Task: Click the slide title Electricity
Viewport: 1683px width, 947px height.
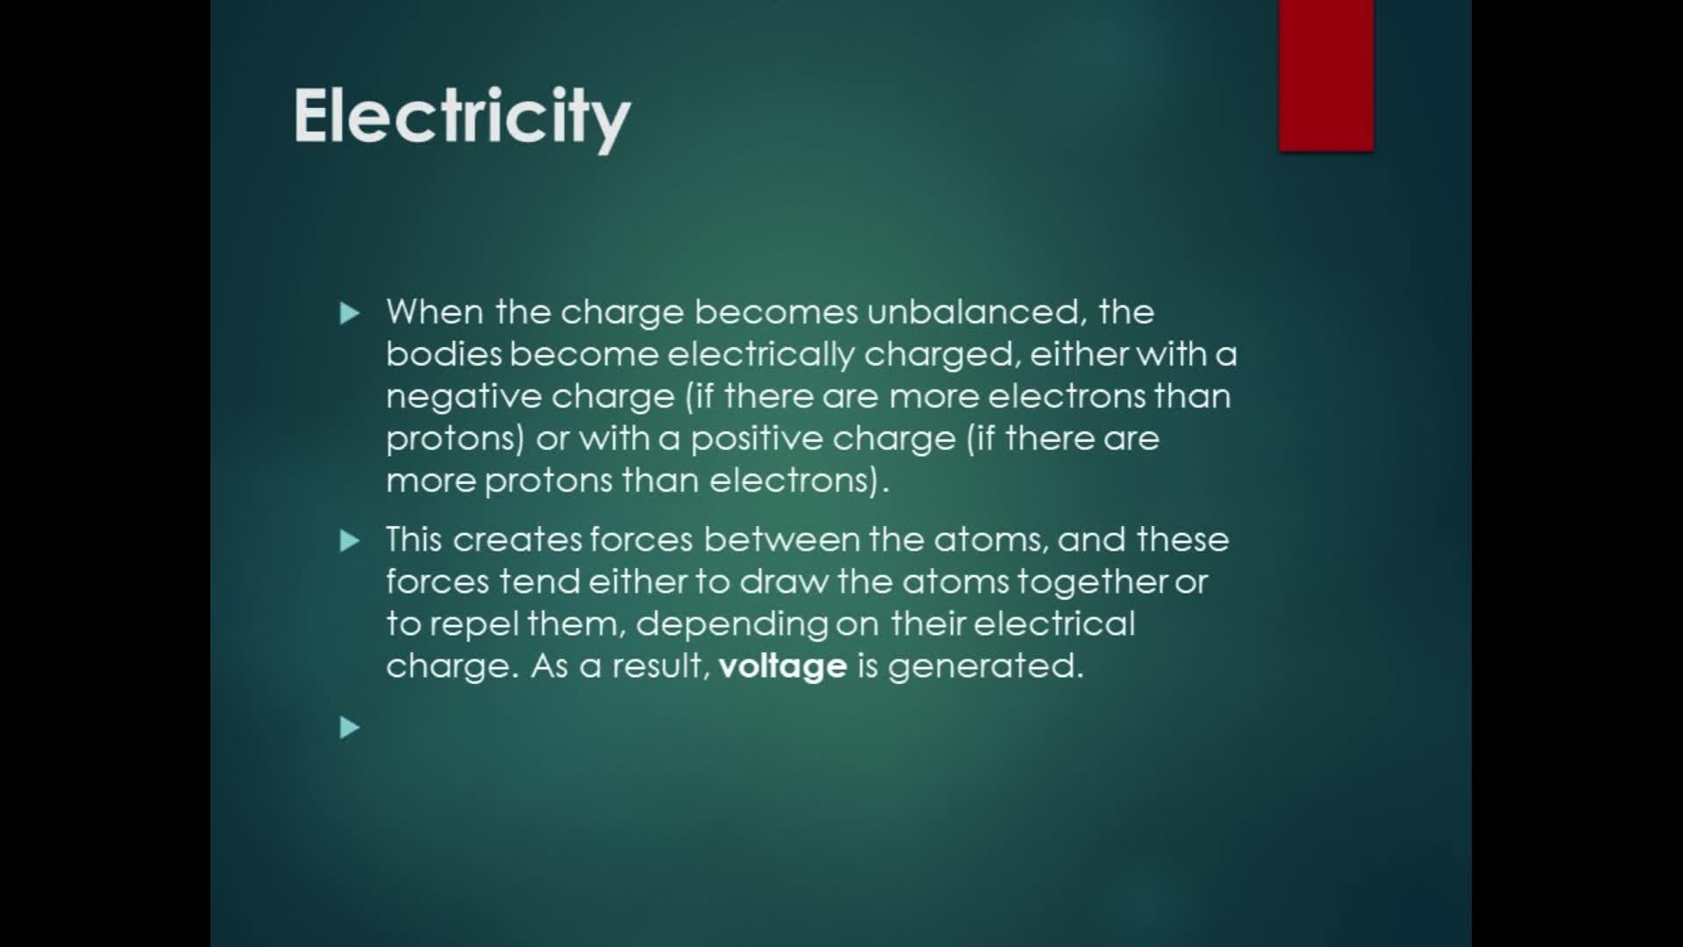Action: coord(461,118)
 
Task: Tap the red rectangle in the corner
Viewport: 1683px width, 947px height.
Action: coord(1326,75)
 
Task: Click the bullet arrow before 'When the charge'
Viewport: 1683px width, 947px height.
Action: coord(350,313)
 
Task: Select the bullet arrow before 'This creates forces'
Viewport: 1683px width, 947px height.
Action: coord(350,541)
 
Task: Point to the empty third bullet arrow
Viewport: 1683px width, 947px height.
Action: coord(350,727)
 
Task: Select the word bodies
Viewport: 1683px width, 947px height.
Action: coord(444,354)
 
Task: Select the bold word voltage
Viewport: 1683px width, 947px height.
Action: coord(783,667)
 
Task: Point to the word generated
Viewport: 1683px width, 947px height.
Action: coord(986,667)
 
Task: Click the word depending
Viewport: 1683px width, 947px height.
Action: coord(732,625)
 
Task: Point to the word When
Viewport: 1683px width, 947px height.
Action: coord(435,312)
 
